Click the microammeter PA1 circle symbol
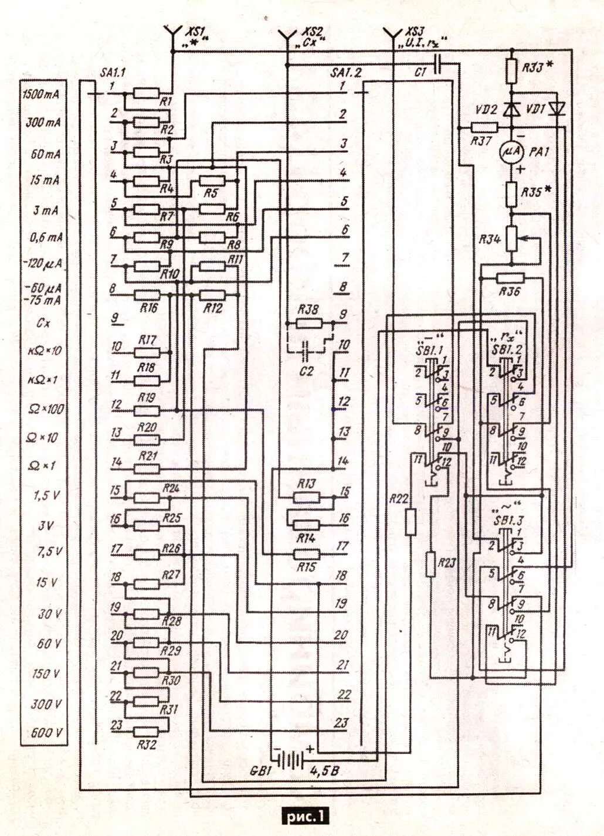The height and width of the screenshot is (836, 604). point(511,152)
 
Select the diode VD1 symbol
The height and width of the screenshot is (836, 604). point(557,108)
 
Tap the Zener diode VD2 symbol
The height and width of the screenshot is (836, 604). point(512,109)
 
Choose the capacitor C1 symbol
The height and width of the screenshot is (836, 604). point(436,64)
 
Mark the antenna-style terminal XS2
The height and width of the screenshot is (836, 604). point(287,36)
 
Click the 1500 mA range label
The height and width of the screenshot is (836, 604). point(42,94)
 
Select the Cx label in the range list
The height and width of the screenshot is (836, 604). point(43,322)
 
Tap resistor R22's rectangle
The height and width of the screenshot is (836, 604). point(411,522)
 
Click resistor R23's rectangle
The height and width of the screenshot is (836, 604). point(431,563)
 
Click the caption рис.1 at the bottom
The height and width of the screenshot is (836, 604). point(305,815)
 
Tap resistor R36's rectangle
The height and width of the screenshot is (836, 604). point(510,278)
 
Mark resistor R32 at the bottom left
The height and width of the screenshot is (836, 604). point(147,732)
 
